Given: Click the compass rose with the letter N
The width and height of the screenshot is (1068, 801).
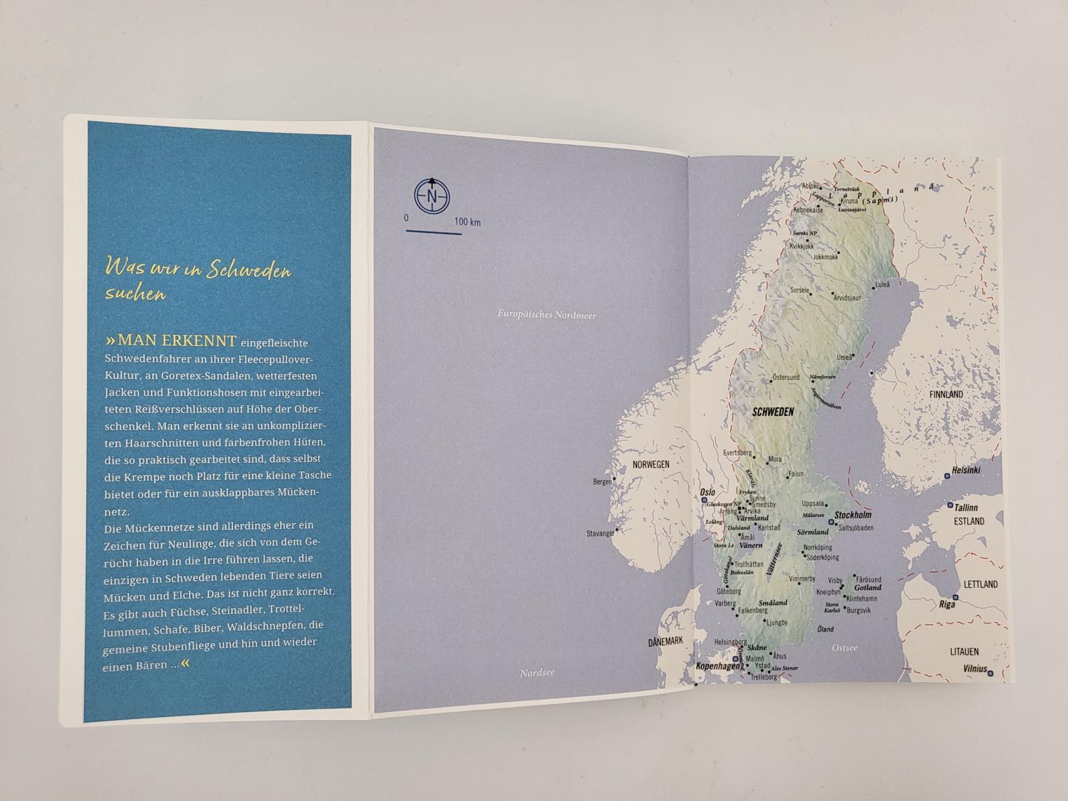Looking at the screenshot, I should tap(432, 196).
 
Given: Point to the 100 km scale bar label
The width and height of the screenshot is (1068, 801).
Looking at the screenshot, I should tap(467, 222).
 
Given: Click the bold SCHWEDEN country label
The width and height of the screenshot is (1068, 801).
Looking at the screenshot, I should tap(773, 412).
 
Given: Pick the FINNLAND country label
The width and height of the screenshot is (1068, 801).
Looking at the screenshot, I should tap(946, 394).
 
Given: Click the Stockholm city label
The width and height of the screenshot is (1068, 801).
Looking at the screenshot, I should tap(853, 515).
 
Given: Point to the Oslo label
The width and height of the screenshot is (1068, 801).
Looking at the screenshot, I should tap(707, 493).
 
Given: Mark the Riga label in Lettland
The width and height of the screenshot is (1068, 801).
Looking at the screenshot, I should tap(947, 604).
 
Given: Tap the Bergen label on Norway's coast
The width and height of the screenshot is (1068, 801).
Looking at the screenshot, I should tap(602, 481).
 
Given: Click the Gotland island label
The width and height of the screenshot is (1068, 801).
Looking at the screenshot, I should tap(868, 587).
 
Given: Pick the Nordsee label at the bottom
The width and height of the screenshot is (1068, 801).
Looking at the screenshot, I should tap(537, 674).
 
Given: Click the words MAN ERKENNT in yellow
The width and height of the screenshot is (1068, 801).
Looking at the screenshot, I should tap(176, 341).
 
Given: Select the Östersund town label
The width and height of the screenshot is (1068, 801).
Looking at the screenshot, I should tap(785, 377).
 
